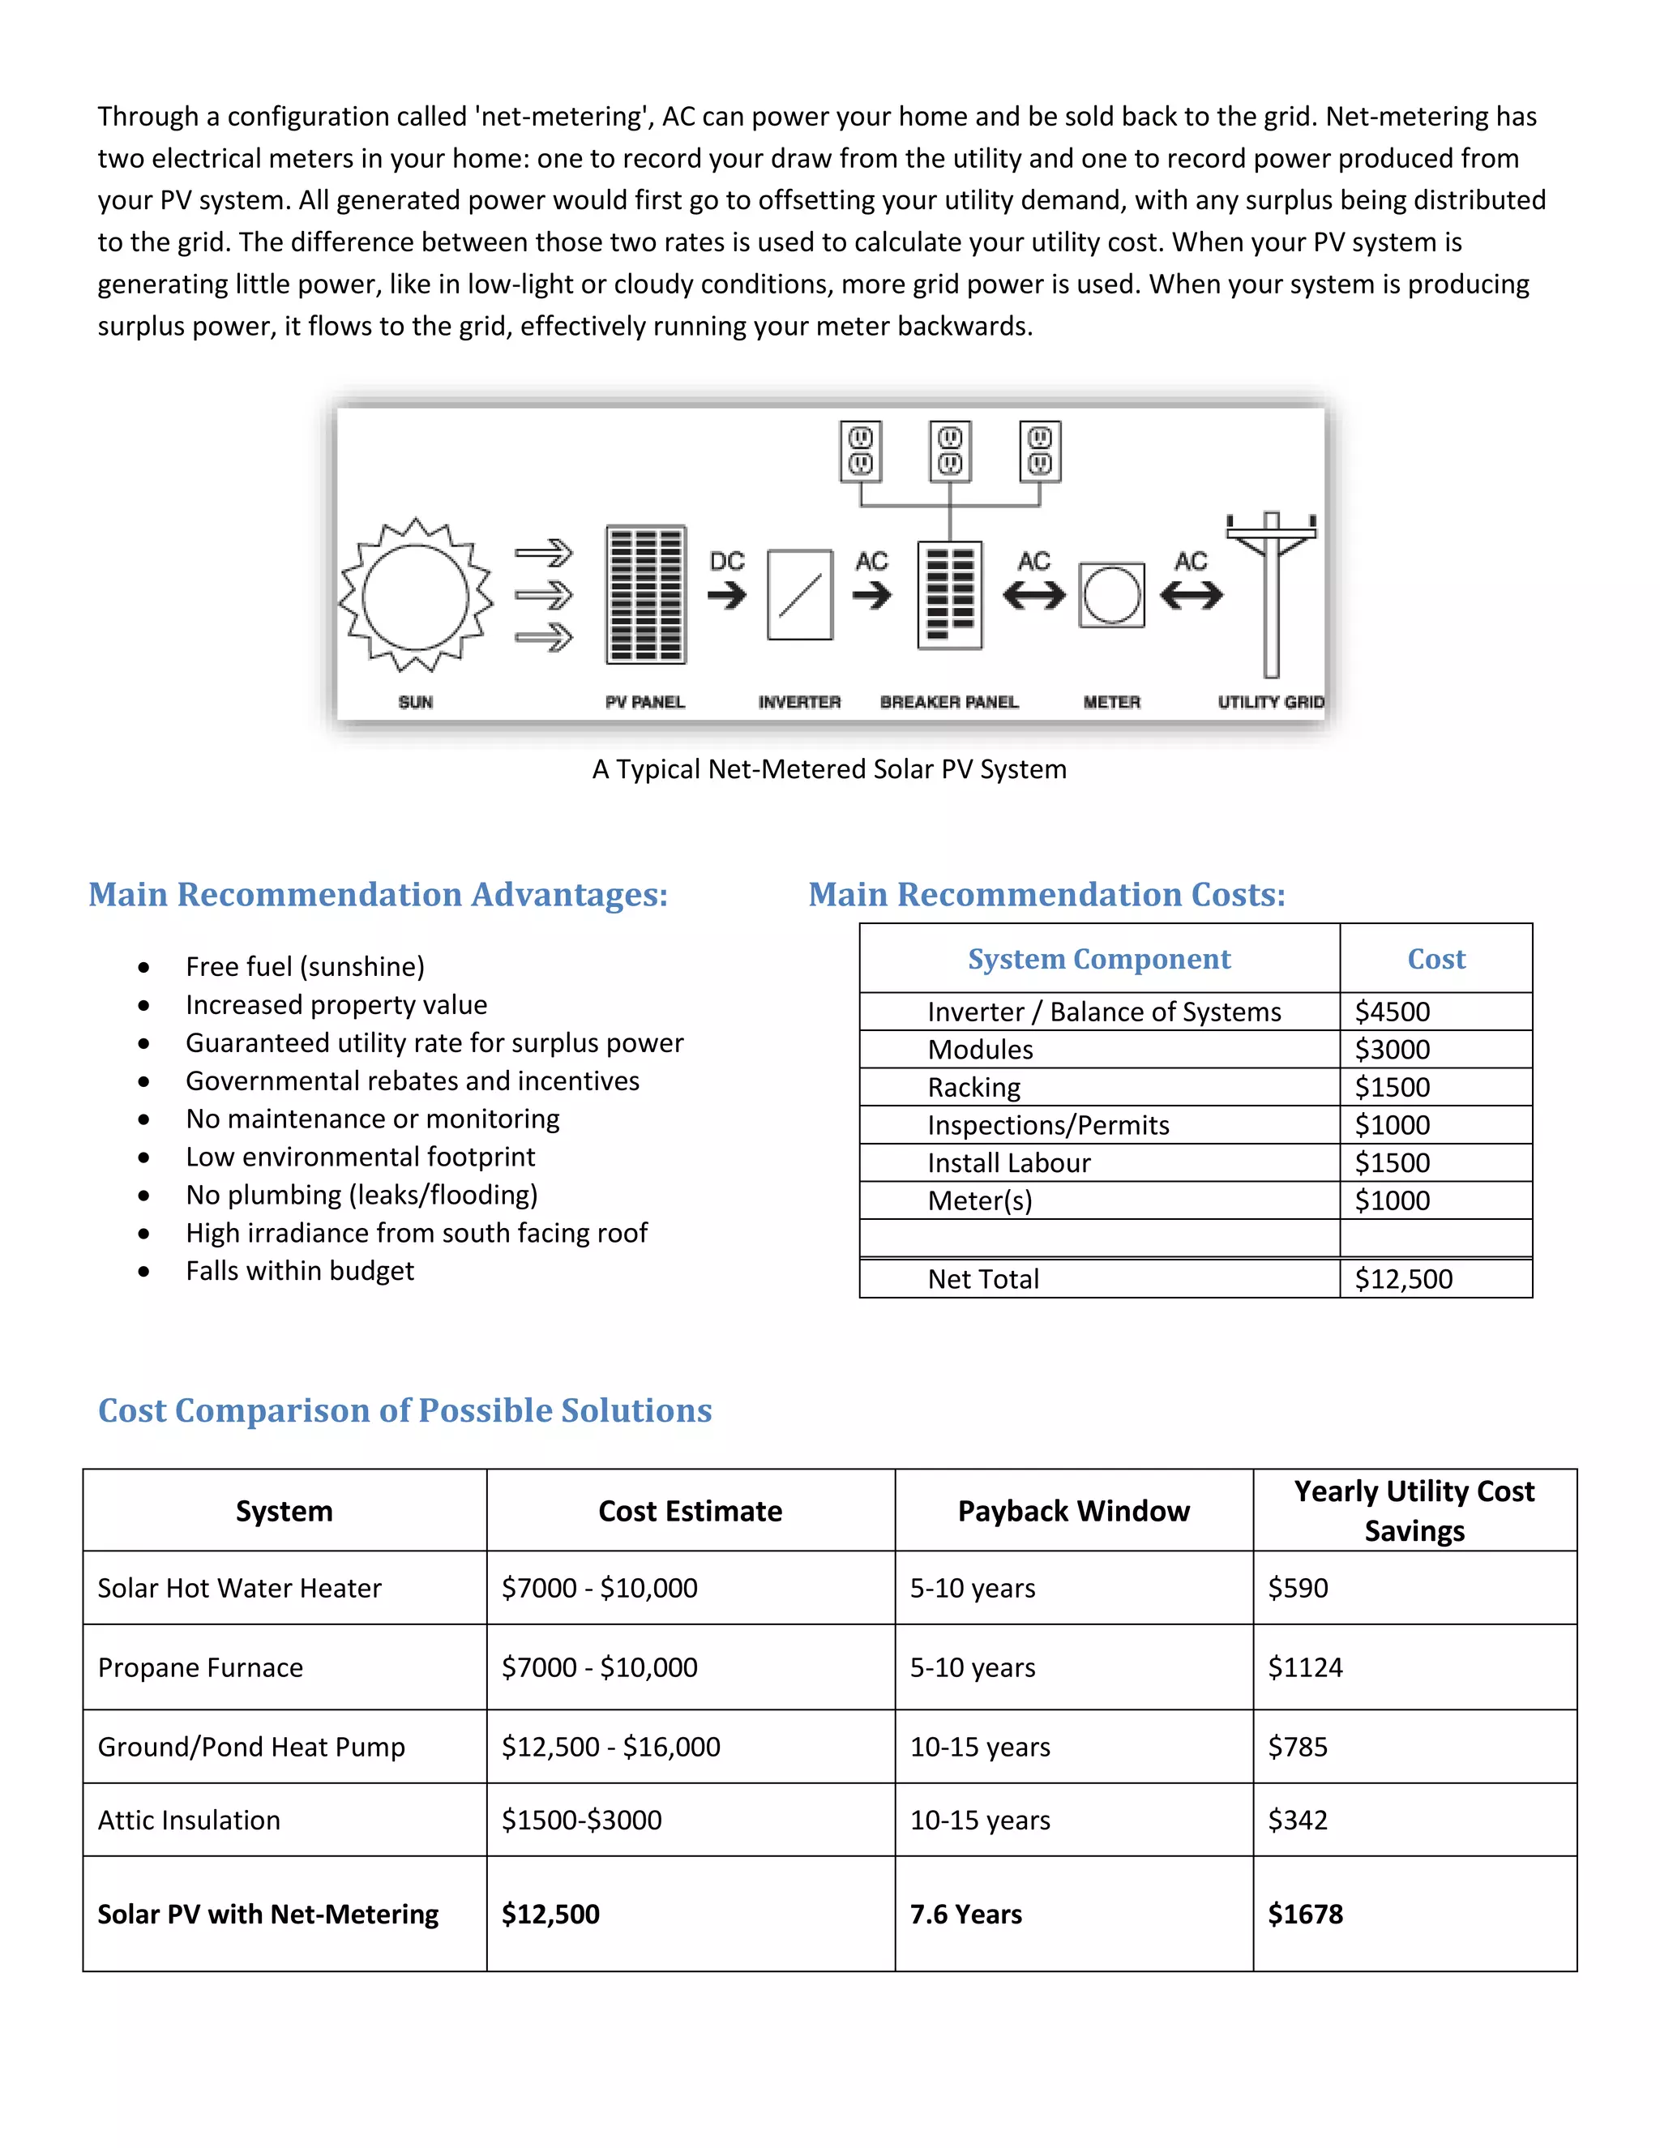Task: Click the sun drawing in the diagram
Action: point(415,596)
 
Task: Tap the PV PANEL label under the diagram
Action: point(645,702)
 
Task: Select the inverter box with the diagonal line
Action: point(799,595)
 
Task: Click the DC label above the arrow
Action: point(727,562)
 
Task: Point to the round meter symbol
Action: point(1111,595)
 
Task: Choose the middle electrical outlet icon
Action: point(950,451)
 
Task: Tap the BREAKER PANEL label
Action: point(949,702)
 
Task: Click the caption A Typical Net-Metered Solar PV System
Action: point(829,769)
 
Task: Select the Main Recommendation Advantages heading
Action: point(379,894)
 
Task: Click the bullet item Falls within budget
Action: point(300,1271)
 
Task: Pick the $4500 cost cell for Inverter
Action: point(1393,1012)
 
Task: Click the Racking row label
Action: point(973,1088)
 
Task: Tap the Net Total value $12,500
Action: point(1403,1278)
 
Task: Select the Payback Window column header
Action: point(1074,1511)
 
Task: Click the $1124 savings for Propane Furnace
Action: point(1305,1667)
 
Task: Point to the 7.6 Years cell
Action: point(965,1914)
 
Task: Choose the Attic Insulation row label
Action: point(189,1821)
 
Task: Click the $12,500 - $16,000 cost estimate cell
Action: point(610,1747)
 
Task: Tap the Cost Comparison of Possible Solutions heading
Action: point(405,1410)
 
